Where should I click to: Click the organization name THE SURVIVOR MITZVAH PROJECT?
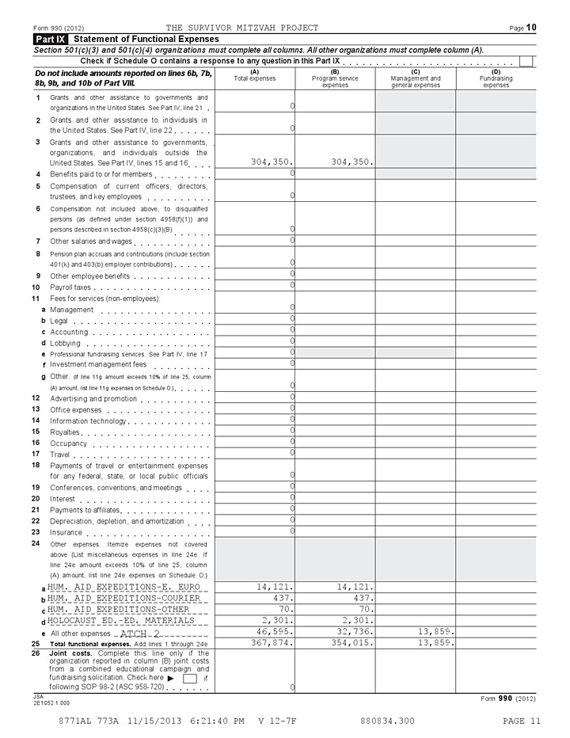pos(242,28)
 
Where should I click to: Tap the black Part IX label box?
pos(49,39)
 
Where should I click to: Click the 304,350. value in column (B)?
pos(345,162)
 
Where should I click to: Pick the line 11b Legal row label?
pos(59,321)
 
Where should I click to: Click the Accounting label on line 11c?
pos(68,332)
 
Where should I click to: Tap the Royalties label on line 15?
pos(65,432)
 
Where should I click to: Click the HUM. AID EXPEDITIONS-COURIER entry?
pos(127,599)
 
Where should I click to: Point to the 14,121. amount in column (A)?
pos(275,588)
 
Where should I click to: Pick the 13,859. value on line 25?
pos(435,643)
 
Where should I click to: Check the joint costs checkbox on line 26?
pos(190,679)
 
